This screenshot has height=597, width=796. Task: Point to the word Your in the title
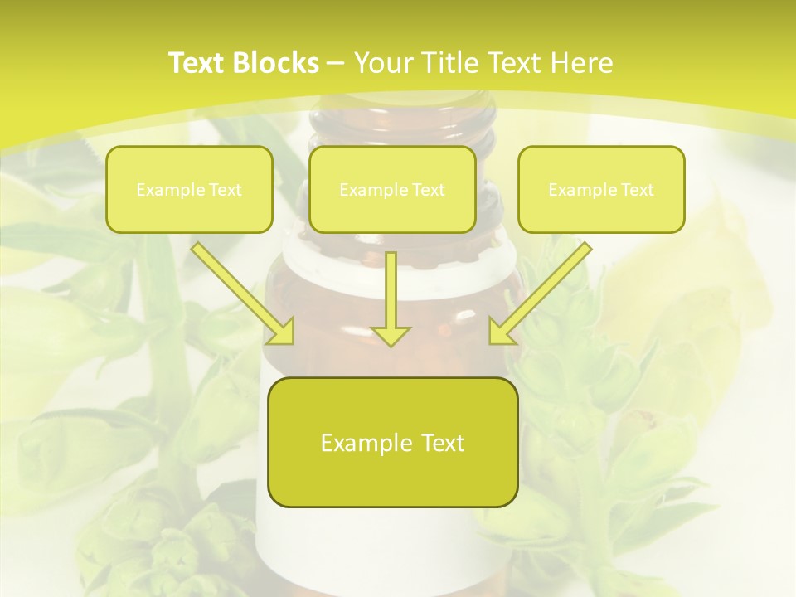click(386, 63)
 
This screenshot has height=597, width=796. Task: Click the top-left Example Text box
click(189, 189)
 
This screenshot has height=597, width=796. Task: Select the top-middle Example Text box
click(392, 189)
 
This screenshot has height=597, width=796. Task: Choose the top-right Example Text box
click(601, 189)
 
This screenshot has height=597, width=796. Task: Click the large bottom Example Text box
click(392, 442)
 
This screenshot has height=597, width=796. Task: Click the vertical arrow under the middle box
click(391, 294)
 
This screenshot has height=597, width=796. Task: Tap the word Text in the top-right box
click(637, 190)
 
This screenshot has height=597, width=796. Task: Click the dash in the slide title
click(336, 63)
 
